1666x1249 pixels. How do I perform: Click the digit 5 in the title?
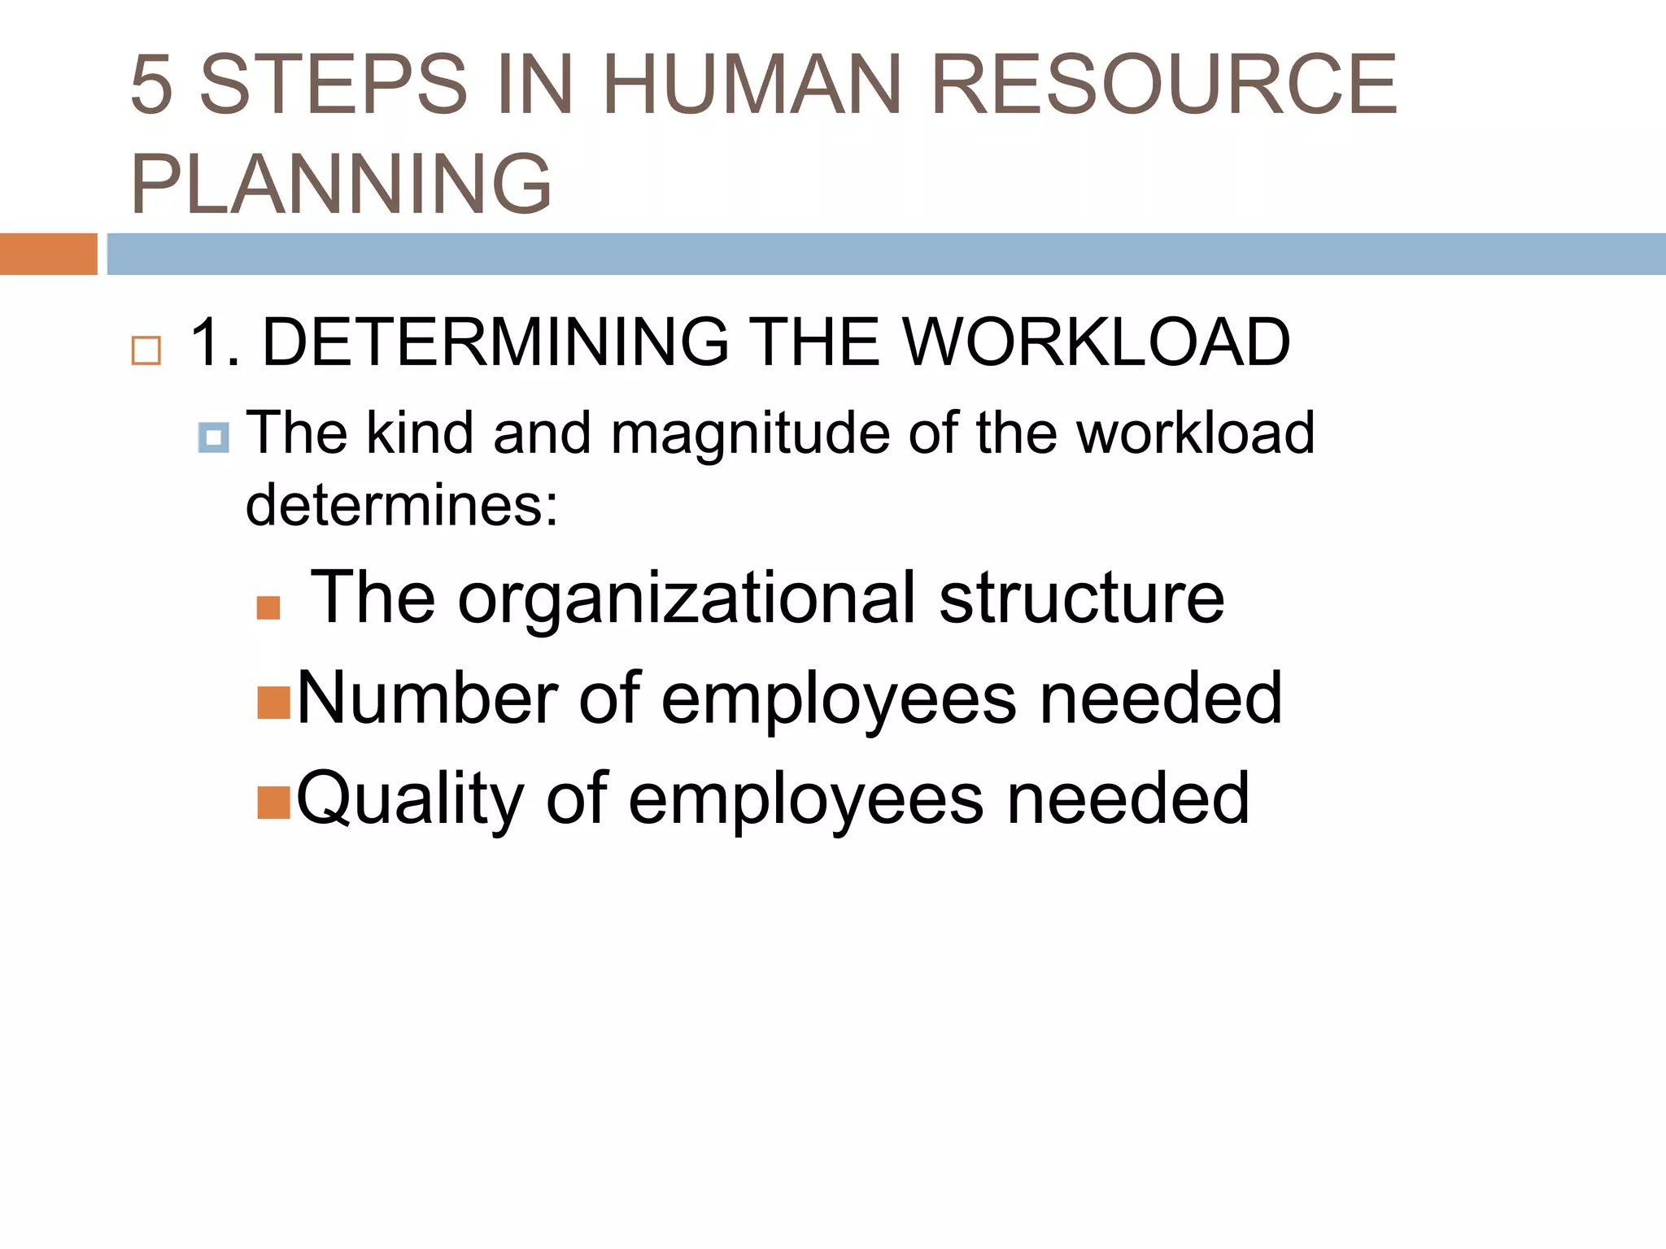[151, 84]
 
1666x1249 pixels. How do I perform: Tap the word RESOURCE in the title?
[1163, 84]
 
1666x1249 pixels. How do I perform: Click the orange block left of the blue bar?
[48, 254]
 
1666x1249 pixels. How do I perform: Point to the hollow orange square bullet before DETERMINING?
[146, 350]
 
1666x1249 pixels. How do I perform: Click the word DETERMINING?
[495, 342]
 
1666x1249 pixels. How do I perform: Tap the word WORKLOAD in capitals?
[1096, 342]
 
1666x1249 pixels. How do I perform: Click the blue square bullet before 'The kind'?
[213, 438]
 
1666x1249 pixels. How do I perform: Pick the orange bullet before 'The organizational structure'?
[268, 607]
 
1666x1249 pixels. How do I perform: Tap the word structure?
[1081, 598]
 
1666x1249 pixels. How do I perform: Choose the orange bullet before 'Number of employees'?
[273, 703]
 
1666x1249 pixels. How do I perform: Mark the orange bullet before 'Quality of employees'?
[273, 802]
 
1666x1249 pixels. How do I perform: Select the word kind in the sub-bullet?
[420, 433]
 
